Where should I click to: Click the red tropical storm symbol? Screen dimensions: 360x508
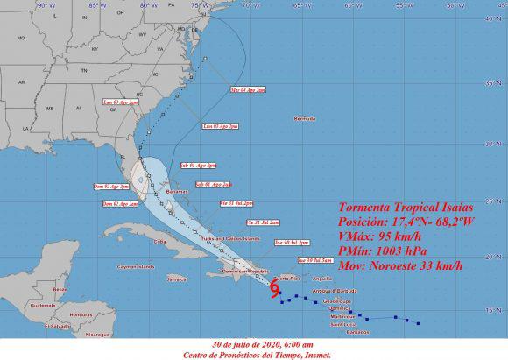[x=276, y=285]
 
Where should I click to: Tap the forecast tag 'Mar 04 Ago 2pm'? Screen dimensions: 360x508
[x=248, y=89]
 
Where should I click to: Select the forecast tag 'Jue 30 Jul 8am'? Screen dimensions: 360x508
[x=314, y=260]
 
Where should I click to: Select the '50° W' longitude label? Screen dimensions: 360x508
[x=455, y=4]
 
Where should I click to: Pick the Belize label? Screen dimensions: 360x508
[x=60, y=288]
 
